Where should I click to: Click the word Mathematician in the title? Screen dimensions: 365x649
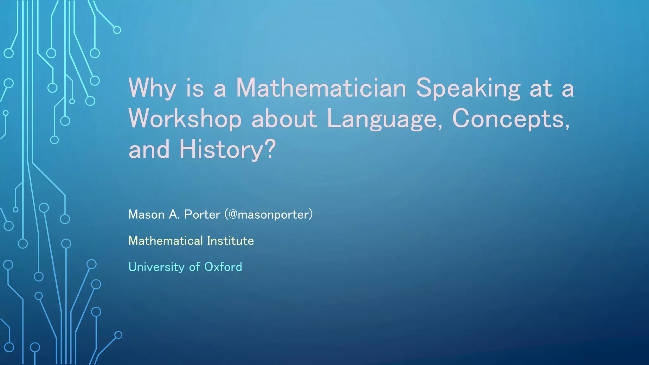[x=321, y=88]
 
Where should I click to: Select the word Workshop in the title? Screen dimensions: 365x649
[x=185, y=119]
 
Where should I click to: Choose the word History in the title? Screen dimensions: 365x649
[x=221, y=150]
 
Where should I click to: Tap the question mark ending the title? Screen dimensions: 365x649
[x=270, y=149]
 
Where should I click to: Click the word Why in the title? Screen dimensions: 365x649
[x=152, y=89]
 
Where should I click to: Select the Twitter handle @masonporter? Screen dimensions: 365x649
[x=269, y=215]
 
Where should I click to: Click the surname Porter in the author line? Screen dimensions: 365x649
[x=202, y=215]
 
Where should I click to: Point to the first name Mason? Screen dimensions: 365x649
[x=146, y=215]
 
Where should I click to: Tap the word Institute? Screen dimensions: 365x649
[x=230, y=241]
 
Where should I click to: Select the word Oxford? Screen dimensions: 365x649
[x=223, y=267]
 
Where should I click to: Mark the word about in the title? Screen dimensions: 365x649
[x=284, y=119]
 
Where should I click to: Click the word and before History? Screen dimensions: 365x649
[x=149, y=150]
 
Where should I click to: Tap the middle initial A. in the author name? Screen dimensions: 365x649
[x=174, y=215]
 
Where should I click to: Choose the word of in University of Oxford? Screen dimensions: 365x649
[x=194, y=267]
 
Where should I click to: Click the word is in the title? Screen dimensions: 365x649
[x=195, y=88]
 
